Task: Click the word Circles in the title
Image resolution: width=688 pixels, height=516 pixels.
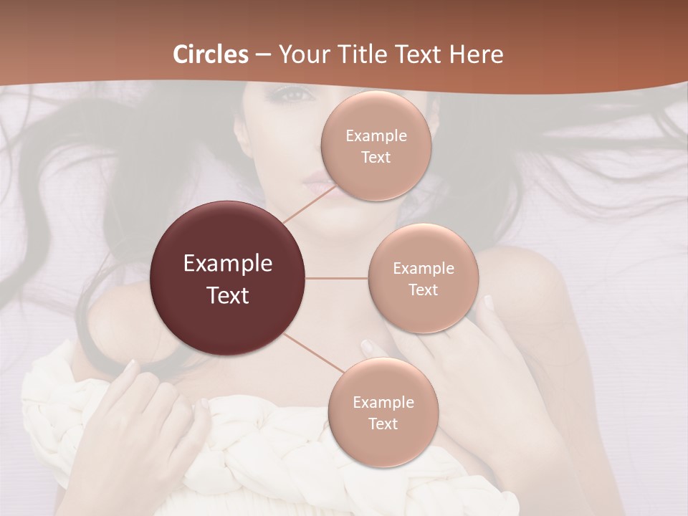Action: [x=211, y=54]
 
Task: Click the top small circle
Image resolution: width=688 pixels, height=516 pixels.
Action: [x=376, y=115]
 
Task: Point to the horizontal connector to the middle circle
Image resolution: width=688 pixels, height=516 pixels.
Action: [x=337, y=278]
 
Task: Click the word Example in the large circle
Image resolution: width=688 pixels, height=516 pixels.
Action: [x=228, y=264]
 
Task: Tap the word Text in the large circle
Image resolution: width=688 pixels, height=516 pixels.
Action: [x=228, y=295]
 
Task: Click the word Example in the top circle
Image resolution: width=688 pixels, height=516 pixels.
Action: [x=376, y=136]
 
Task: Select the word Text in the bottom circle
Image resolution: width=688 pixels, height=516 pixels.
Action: [x=383, y=424]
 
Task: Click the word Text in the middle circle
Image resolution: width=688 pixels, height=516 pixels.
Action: [x=424, y=290]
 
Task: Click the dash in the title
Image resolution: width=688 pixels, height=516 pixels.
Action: [x=263, y=55]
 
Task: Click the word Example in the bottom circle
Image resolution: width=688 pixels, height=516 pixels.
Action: [x=383, y=402]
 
